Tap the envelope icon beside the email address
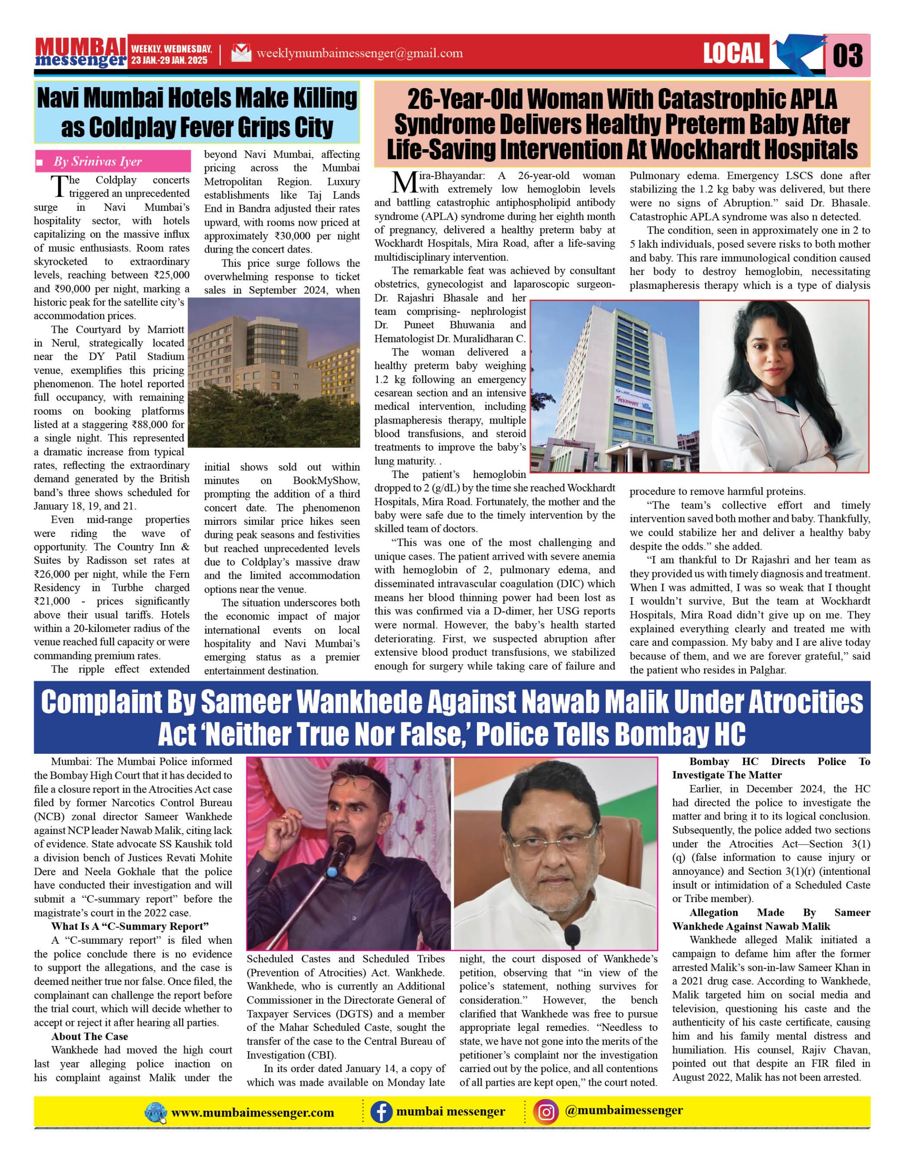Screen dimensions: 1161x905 click(241, 53)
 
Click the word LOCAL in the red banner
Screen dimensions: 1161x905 click(733, 53)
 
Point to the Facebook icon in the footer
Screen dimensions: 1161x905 click(381, 1112)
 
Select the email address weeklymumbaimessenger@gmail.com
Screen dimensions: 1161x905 click(359, 53)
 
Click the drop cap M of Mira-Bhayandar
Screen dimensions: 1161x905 click(405, 182)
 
